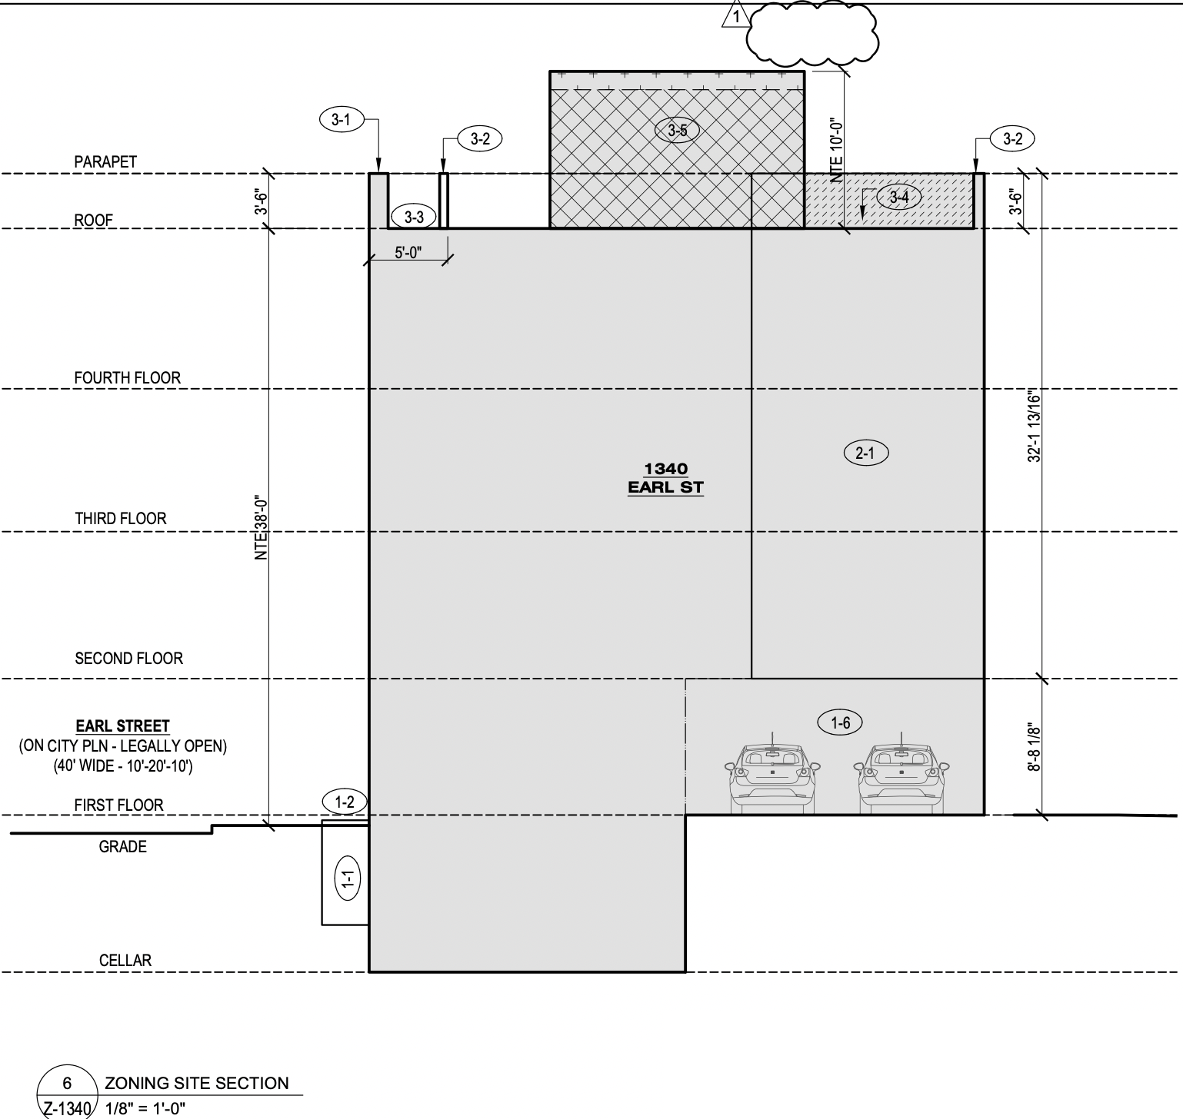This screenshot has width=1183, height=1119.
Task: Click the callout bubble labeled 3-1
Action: pos(341,120)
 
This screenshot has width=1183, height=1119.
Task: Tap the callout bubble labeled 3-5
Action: pos(677,131)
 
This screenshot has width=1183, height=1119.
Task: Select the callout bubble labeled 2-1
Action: pos(865,453)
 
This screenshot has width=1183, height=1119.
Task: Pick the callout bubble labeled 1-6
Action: pos(841,722)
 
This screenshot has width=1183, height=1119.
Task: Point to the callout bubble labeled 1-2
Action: pos(345,802)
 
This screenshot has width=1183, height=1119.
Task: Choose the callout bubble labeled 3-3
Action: pos(414,217)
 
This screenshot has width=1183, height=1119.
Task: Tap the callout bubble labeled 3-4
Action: pos(898,198)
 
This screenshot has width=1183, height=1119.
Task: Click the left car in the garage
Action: pos(771,776)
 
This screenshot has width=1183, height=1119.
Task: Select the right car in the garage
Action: pos(901,776)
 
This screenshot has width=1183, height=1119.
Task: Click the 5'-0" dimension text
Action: pos(408,252)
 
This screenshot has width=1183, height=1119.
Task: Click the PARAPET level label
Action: pos(105,162)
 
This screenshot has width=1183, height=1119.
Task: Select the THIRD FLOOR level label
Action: pos(121,519)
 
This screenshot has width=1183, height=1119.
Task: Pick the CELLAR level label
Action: pos(125,961)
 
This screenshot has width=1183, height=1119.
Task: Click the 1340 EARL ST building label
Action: pos(666,478)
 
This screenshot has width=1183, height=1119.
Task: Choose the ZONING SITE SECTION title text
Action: pos(197,1084)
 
